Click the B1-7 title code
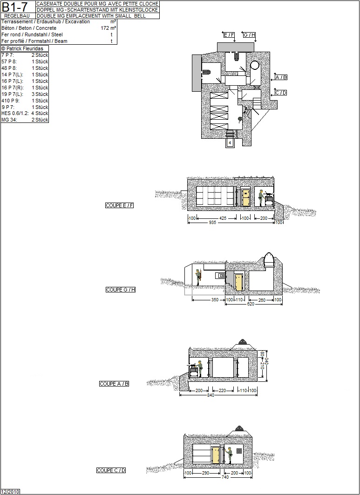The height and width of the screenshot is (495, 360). [14, 7]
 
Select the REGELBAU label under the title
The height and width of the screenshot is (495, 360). [17, 16]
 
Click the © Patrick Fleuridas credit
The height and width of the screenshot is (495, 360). [22, 48]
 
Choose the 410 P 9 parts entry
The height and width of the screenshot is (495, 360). [10, 101]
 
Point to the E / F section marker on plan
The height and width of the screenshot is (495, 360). [229, 35]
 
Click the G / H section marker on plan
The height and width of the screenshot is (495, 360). [249, 35]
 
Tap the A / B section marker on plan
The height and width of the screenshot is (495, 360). [281, 77]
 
